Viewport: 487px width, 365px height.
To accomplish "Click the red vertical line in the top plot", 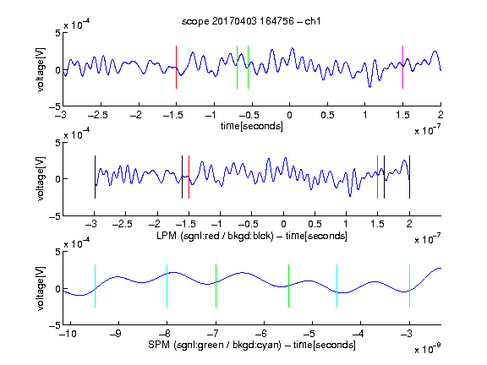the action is [x=176, y=67].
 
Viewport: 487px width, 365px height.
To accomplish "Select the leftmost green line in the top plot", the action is [x=237, y=67].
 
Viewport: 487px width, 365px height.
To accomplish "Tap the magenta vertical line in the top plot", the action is [x=402, y=67].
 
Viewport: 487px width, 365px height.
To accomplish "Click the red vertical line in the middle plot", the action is [x=189, y=177].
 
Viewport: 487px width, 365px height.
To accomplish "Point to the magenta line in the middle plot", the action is [x=377, y=177].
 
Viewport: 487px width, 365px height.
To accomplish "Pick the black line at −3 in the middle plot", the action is [x=95, y=177].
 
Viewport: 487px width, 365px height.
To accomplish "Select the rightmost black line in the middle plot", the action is [x=409, y=177].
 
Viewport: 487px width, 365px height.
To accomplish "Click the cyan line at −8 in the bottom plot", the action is [x=167, y=286].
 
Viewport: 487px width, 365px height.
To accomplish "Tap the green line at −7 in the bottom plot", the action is [x=216, y=286].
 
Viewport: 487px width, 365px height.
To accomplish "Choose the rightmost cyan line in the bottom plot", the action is [x=409, y=286].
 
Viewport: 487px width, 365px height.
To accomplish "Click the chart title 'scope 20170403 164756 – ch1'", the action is [x=251, y=21].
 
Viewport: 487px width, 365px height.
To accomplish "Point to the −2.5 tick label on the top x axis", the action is [x=98, y=115].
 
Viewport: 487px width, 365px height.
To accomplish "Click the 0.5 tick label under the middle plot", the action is [x=315, y=224].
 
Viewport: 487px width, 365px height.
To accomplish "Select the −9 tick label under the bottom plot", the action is [x=116, y=334].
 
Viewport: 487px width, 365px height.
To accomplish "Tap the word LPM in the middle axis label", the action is [x=167, y=236].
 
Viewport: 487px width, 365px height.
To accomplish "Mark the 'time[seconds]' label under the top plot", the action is [x=252, y=126].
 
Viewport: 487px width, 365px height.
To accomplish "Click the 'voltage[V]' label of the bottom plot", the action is [x=41, y=288].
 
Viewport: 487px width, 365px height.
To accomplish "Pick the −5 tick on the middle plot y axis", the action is [x=55, y=216].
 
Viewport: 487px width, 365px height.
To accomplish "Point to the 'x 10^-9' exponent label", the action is [x=428, y=349].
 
